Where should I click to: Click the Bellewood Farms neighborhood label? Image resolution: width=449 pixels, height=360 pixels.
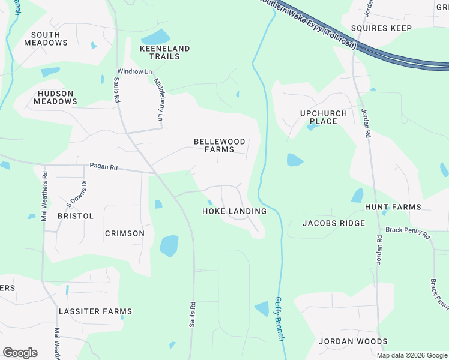click(x=220, y=146)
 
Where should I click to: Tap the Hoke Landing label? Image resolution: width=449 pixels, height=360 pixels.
click(x=234, y=211)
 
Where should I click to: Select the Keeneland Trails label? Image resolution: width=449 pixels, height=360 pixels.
click(x=164, y=52)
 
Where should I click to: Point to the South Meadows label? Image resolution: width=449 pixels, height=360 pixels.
click(x=46, y=39)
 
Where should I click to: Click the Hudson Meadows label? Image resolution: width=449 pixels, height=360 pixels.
click(x=55, y=98)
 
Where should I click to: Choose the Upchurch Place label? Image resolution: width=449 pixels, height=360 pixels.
click(x=323, y=117)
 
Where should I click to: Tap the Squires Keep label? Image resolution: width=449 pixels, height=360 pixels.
click(x=381, y=28)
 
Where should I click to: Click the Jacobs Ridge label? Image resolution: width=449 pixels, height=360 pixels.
click(x=333, y=223)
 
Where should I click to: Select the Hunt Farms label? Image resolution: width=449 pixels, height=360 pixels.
click(x=393, y=207)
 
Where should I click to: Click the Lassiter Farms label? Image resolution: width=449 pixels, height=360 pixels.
click(x=95, y=311)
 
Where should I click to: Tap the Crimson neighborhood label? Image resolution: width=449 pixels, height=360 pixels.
click(x=124, y=233)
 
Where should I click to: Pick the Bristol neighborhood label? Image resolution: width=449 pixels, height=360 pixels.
click(x=76, y=215)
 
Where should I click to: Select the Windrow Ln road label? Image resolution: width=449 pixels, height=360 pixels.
click(x=135, y=71)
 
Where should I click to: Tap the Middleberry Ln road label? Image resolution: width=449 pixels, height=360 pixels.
click(x=159, y=100)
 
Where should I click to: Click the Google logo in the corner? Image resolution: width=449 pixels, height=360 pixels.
click(x=20, y=353)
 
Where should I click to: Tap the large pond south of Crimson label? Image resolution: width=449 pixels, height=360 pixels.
click(x=169, y=245)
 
